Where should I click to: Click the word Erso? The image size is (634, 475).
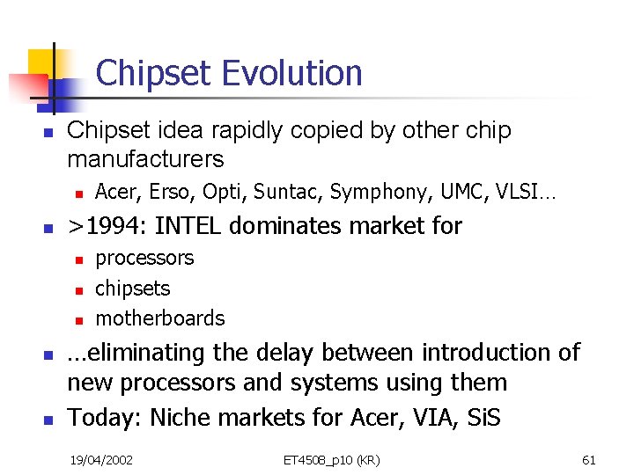166,191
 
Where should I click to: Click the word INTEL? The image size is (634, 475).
190,226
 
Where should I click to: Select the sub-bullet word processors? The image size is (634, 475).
144,259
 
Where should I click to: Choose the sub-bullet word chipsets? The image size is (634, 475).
133,289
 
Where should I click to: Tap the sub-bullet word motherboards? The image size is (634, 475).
160,318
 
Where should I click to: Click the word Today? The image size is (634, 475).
103,417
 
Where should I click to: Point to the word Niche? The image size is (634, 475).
181,417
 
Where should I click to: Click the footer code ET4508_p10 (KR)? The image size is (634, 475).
331,459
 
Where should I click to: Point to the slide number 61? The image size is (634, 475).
589,459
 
